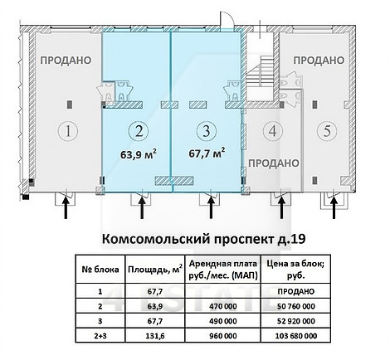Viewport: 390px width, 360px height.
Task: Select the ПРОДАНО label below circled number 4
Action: pos(273,163)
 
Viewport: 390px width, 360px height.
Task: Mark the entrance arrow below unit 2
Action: pos(141,206)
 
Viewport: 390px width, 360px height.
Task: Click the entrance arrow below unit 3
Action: pos(203,206)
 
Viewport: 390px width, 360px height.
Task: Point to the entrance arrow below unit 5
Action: pos(334,206)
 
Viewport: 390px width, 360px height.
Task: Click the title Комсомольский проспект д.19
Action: pos(193,239)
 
